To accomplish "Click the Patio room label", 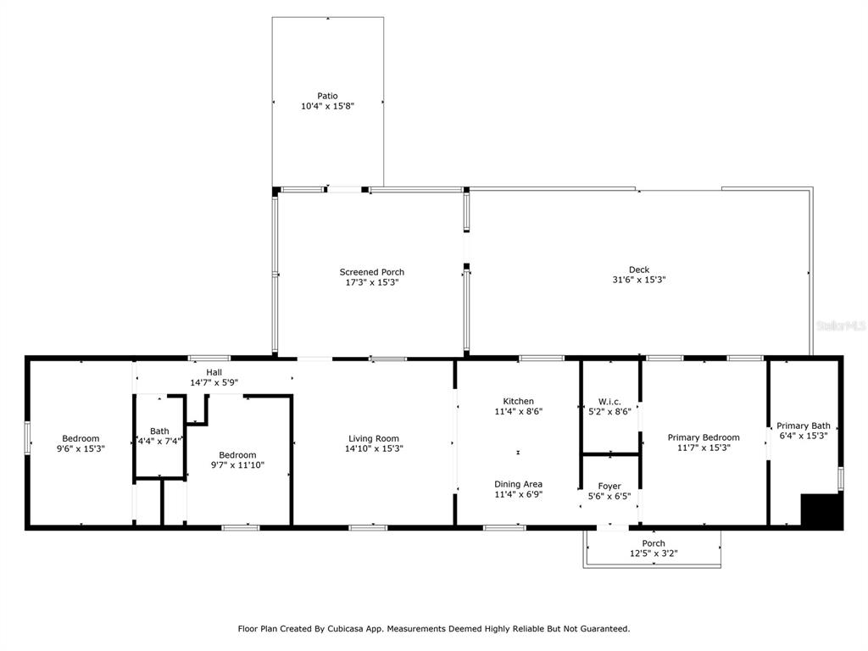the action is pyautogui.click(x=327, y=96).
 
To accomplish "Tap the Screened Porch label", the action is pyautogui.click(x=371, y=272).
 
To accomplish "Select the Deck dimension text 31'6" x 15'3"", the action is pyautogui.click(x=639, y=280).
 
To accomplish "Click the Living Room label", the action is pyautogui.click(x=374, y=438).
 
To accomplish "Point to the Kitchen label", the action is pyautogui.click(x=518, y=401).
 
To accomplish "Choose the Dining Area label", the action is pyautogui.click(x=518, y=484).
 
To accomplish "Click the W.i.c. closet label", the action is pyautogui.click(x=609, y=402).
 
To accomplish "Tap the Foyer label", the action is pyautogui.click(x=609, y=486).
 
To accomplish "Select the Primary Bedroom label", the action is pyautogui.click(x=704, y=437).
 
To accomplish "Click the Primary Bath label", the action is pyautogui.click(x=804, y=426).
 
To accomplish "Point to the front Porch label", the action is pyautogui.click(x=654, y=543).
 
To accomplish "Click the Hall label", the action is pyautogui.click(x=214, y=373).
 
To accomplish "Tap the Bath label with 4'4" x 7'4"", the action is pyautogui.click(x=159, y=431).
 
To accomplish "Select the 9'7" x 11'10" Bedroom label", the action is pyautogui.click(x=237, y=455).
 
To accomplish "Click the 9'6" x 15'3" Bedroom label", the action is pyautogui.click(x=81, y=438).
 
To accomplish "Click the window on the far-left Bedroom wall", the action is pyautogui.click(x=27, y=438).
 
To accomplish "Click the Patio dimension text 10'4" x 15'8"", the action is pyautogui.click(x=327, y=106).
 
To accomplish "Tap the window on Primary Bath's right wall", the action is pyautogui.click(x=840, y=479).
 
